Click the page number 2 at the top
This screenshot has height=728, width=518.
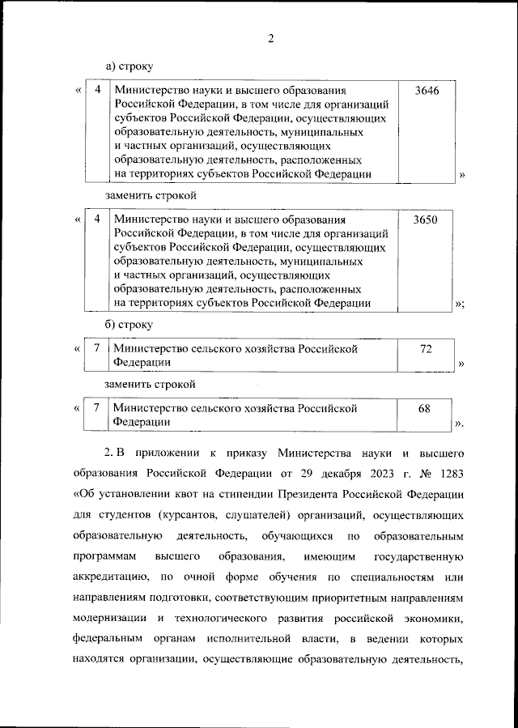coord(271,38)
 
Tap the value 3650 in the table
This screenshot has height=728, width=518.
coord(426,220)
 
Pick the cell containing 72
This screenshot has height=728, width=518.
coord(426,349)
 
